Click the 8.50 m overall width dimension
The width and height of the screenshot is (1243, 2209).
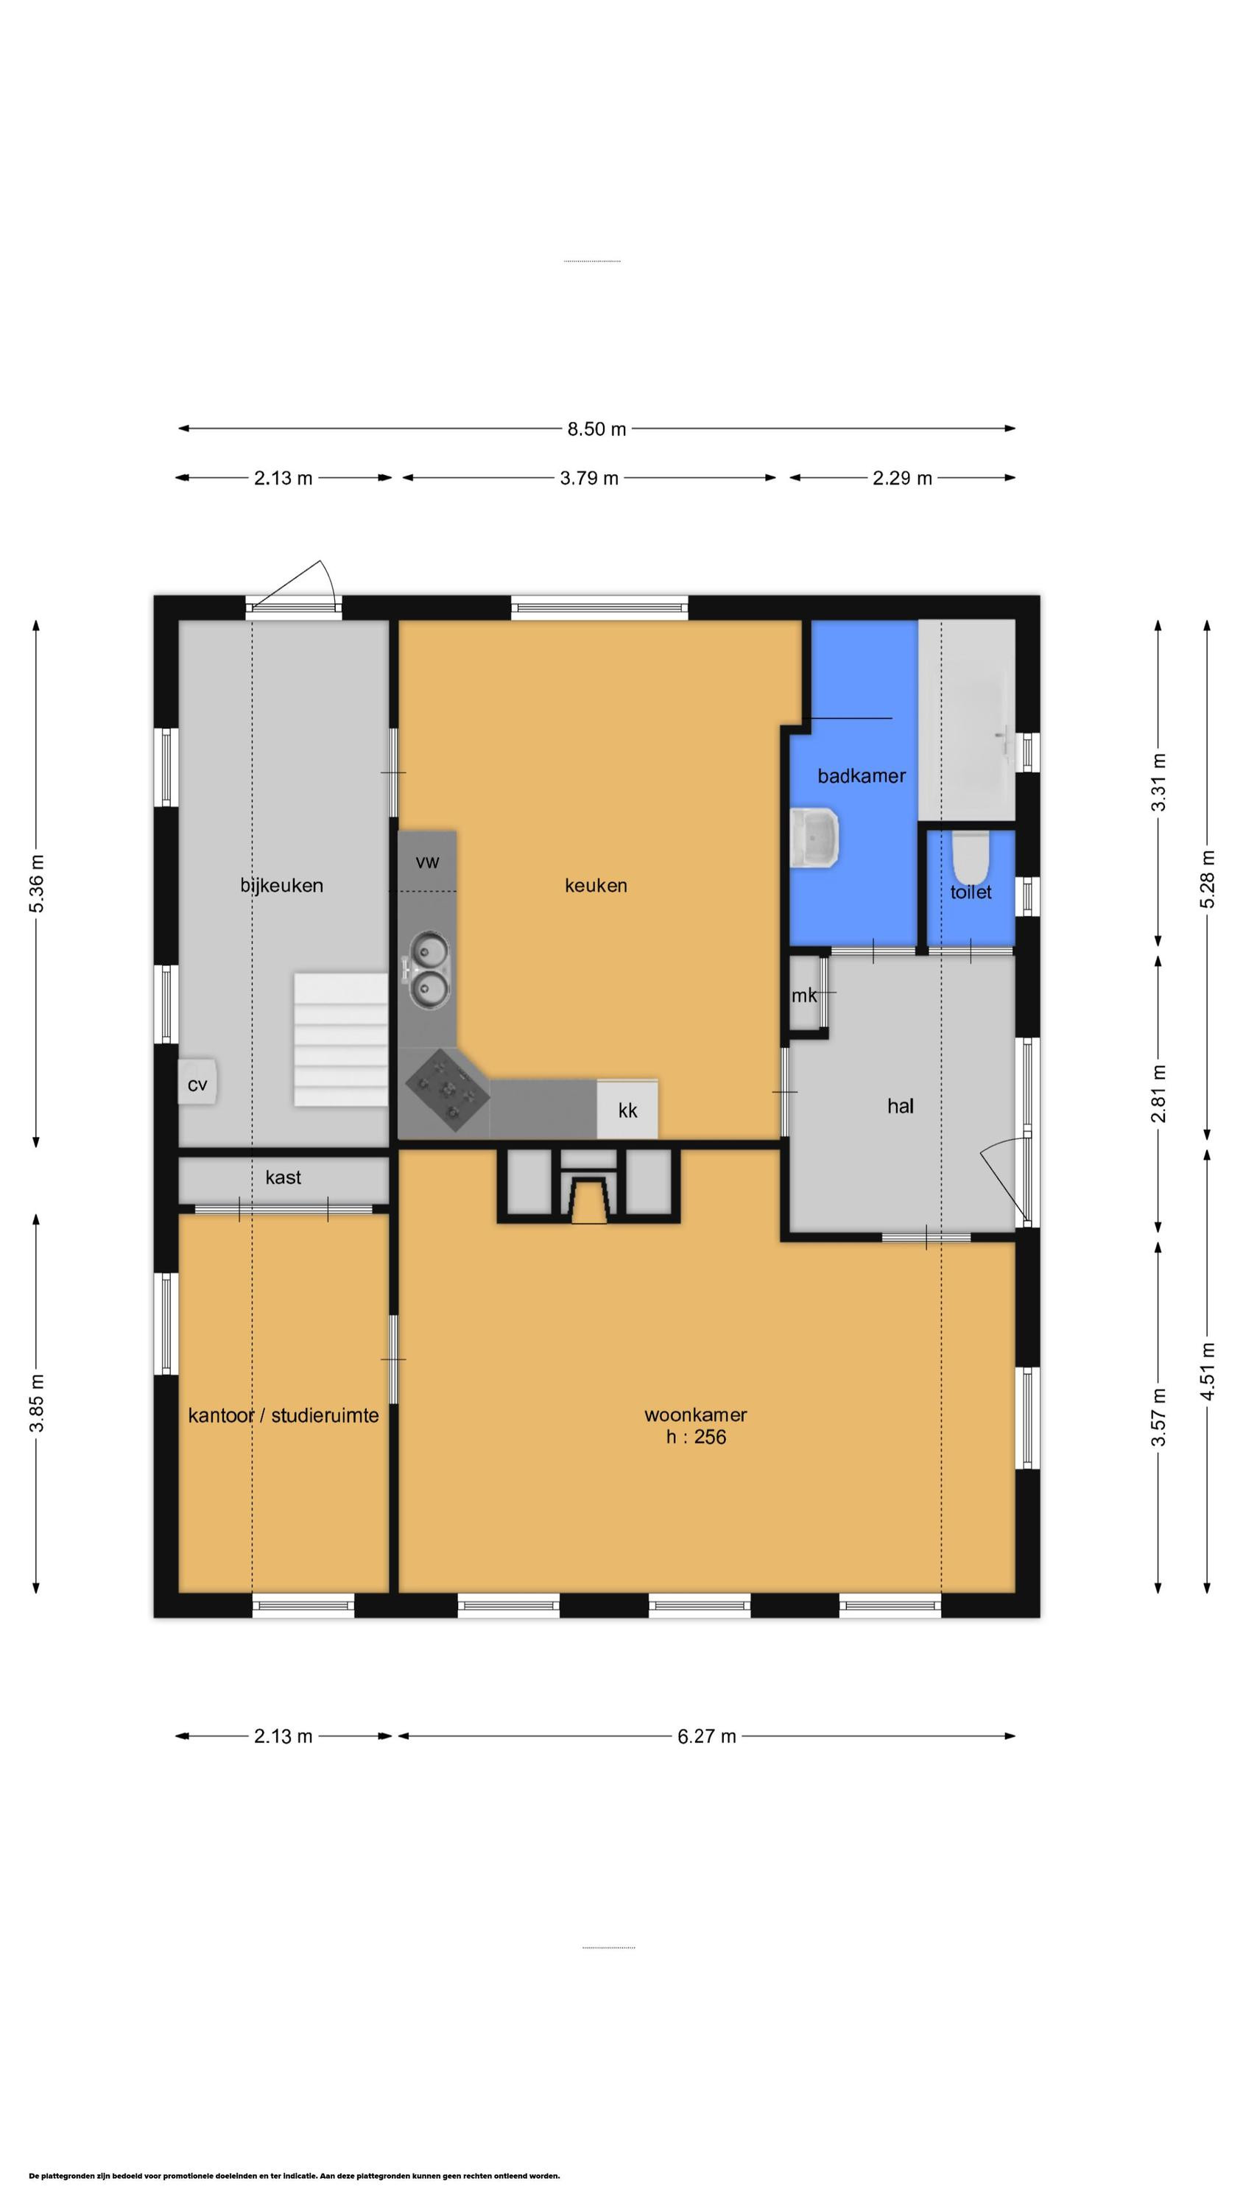tap(596, 428)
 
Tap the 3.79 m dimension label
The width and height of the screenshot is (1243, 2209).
tap(589, 478)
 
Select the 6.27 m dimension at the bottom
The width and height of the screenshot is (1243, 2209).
tap(706, 1736)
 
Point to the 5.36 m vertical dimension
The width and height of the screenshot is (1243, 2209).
tap(36, 884)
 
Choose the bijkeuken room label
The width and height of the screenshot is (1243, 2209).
tap(281, 885)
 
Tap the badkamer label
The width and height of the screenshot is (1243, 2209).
tap(862, 776)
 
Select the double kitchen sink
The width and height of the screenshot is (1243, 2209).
tap(427, 969)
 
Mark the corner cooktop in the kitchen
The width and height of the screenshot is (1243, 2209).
tap(446, 1088)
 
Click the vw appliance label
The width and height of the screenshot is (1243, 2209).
tap(427, 862)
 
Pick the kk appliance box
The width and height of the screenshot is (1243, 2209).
tap(628, 1110)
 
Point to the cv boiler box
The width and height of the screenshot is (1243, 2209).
tap(197, 1084)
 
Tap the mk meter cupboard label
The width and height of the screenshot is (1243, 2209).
tap(804, 996)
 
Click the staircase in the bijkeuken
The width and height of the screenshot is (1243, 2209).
tap(340, 1038)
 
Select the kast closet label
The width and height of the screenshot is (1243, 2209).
tap(283, 1177)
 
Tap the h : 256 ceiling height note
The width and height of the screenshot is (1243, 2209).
tap(696, 1437)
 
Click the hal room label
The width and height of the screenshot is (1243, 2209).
tap(900, 1106)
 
